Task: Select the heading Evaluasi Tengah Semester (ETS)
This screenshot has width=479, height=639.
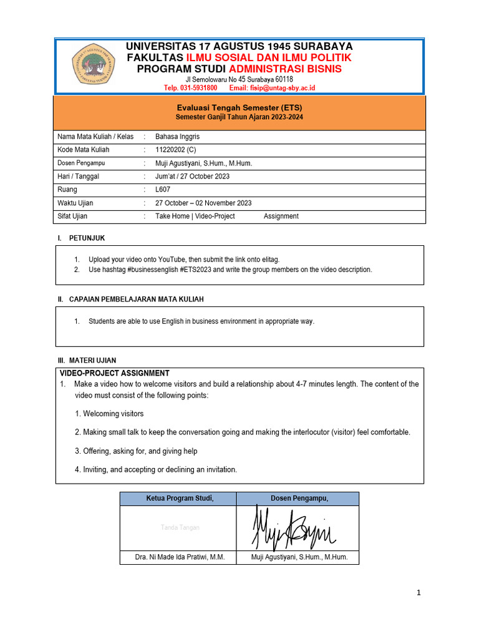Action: click(x=239, y=108)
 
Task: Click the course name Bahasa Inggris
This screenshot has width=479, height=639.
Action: click(x=178, y=136)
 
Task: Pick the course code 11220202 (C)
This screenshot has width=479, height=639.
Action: click(x=175, y=150)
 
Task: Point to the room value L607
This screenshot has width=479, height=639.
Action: click(x=163, y=190)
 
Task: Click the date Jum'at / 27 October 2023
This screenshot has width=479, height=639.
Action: click(x=192, y=177)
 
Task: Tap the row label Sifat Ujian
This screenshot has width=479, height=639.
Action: click(x=72, y=217)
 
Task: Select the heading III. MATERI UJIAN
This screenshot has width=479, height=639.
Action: click(x=86, y=360)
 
